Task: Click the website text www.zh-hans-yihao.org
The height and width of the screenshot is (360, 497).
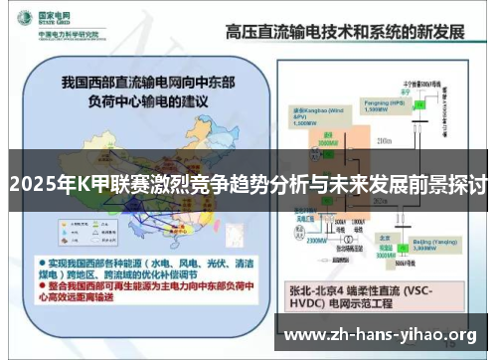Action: [x=381, y=335]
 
